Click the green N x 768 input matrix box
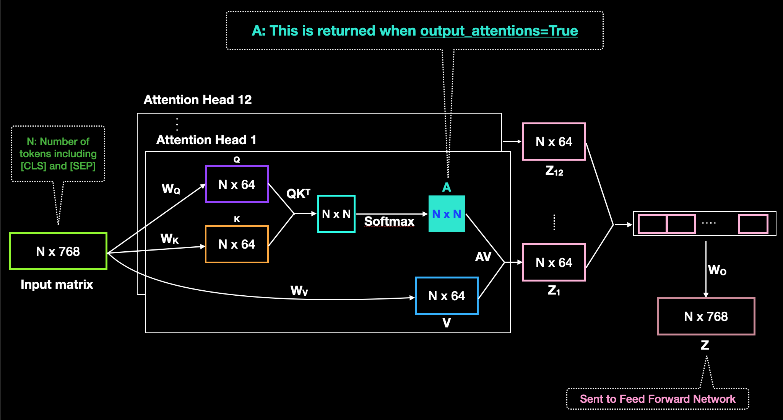coord(58,251)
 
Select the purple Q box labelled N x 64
coord(237,184)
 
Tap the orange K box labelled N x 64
coord(237,244)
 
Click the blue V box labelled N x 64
coord(447,296)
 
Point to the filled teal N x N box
coord(447,214)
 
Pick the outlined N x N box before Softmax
coord(336,214)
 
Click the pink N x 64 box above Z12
coord(554,142)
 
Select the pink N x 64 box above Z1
coord(554,262)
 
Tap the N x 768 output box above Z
coord(706,316)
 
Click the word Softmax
coord(389,221)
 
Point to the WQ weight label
coord(171,189)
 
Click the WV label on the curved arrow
coord(299,291)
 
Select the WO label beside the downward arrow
coord(717,270)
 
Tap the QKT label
coord(298,194)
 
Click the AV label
coord(483,257)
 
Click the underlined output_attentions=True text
coord(499,31)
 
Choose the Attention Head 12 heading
coord(198,100)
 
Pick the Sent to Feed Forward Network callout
coord(658,399)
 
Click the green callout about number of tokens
coord(58,154)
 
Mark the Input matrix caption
coord(57,284)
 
